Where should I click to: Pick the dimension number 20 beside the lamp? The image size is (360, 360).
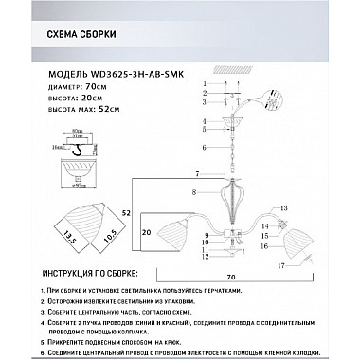[x=147, y=231]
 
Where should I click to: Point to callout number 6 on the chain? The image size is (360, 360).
[x=205, y=148]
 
